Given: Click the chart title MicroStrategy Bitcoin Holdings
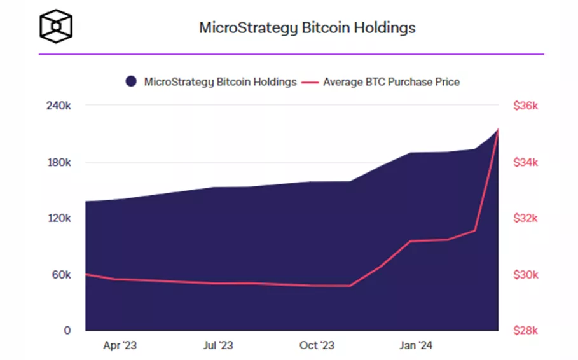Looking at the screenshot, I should click(x=307, y=28).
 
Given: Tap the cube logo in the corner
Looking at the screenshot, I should click(x=56, y=25).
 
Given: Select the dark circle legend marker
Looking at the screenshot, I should click(x=132, y=81).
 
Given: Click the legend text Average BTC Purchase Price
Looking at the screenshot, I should click(x=391, y=81).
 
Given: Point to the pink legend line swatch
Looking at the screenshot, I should click(x=310, y=82).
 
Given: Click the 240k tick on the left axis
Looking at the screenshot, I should click(x=58, y=106).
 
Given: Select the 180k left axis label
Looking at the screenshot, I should click(x=58, y=163).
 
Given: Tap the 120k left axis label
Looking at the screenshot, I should click(x=58, y=218).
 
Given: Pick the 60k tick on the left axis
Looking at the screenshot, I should click(x=60, y=275).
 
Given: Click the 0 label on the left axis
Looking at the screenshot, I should click(x=66, y=330).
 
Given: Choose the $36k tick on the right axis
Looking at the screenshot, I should click(x=526, y=106).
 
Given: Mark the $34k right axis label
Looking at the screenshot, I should click(x=526, y=163).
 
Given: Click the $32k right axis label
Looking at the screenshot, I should click(x=526, y=218).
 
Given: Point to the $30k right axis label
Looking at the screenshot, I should click(x=526, y=275).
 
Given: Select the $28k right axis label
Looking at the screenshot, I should click(x=526, y=330).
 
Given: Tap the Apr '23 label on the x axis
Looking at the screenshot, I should click(x=120, y=345).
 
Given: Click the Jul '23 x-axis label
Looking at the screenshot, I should click(x=218, y=345).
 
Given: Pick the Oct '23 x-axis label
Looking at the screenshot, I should click(x=316, y=345).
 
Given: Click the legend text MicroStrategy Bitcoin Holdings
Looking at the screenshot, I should click(x=220, y=81).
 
